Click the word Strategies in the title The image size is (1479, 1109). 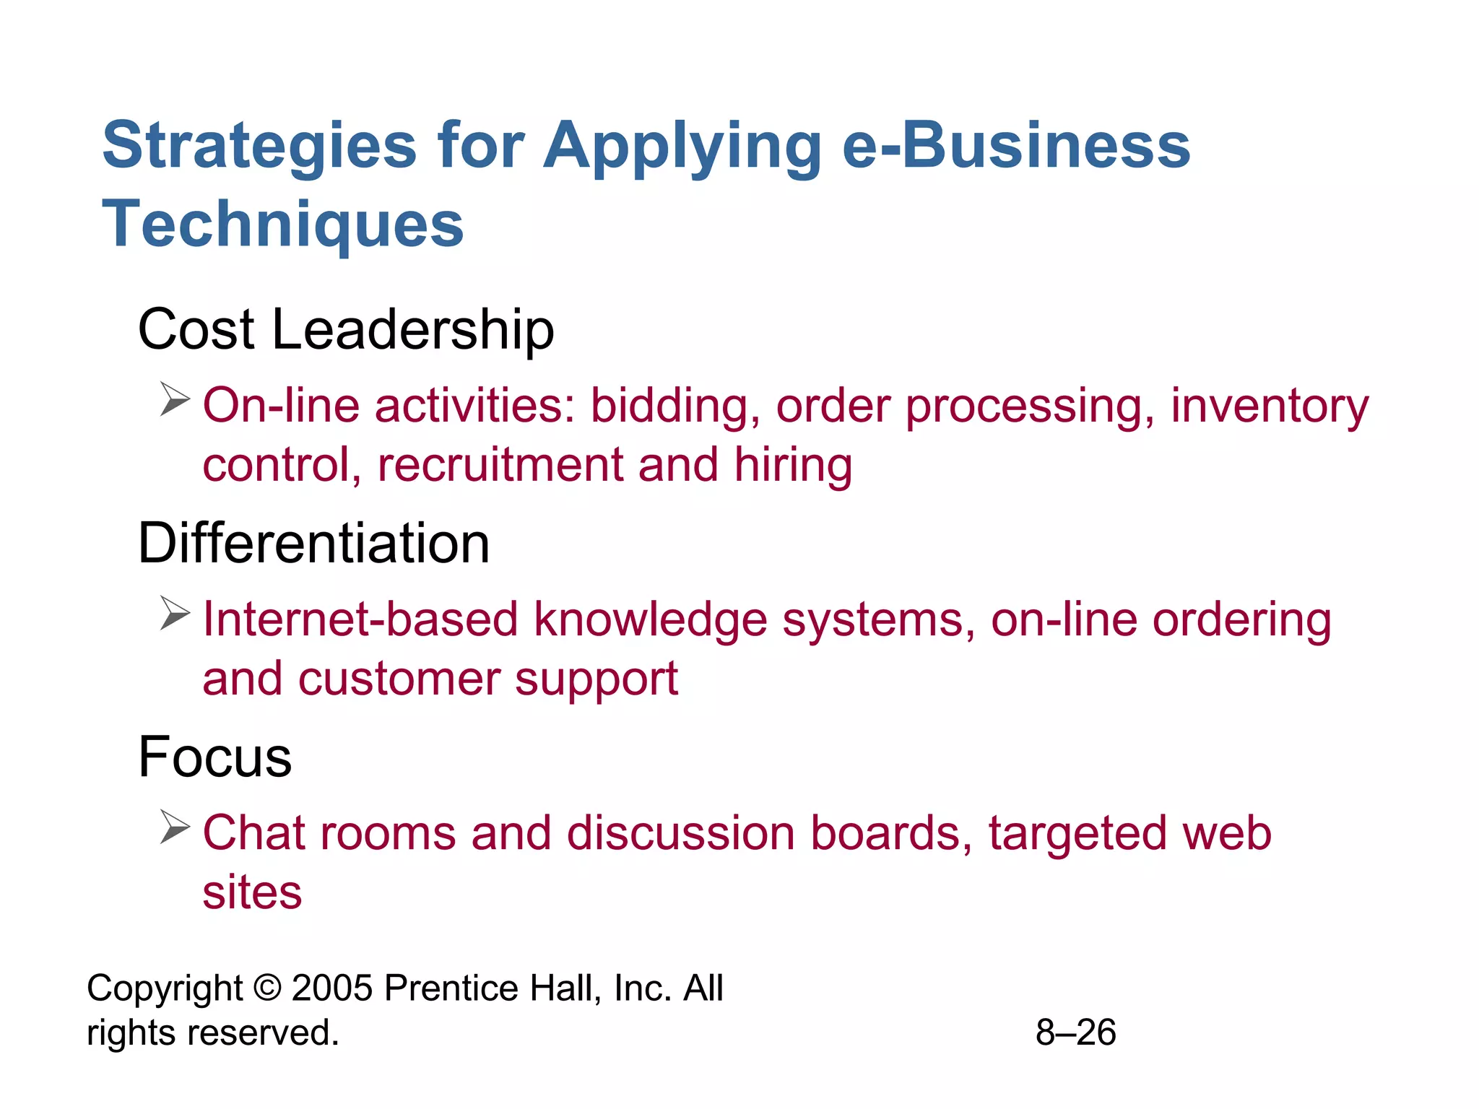coord(259,147)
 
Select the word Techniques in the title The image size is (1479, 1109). coord(282,225)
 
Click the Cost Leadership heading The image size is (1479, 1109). coord(346,330)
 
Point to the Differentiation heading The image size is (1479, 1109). coord(313,543)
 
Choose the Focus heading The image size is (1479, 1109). coord(214,757)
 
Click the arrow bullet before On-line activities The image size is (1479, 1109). coord(175,399)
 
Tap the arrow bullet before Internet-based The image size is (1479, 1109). coord(175,613)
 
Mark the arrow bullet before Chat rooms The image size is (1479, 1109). coord(175,827)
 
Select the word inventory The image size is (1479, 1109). coord(1269,406)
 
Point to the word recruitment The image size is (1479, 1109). coord(500,464)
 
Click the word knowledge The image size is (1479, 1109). coord(650,620)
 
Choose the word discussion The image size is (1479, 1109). coord(680,833)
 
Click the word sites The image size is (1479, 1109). coord(252,892)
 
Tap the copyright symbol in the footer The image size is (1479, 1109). coord(267,988)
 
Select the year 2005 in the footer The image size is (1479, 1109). coord(332,988)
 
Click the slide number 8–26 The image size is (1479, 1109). coord(1075,1032)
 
